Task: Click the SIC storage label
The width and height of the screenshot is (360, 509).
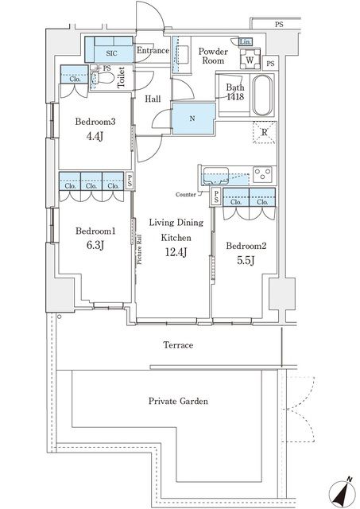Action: [111, 53]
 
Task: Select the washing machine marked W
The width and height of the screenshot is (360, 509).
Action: [250, 59]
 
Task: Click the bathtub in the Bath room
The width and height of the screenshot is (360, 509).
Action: [262, 95]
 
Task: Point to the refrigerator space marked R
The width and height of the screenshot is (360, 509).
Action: [265, 132]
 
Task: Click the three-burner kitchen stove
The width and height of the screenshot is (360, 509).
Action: [263, 175]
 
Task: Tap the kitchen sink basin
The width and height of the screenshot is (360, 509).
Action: [215, 176]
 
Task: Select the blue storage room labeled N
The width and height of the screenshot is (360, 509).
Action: [193, 119]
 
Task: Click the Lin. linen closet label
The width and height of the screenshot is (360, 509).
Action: [245, 42]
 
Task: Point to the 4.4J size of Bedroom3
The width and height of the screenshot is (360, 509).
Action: [95, 136]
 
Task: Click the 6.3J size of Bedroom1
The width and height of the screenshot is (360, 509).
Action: [95, 245]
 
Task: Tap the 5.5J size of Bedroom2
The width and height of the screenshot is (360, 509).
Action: [246, 260]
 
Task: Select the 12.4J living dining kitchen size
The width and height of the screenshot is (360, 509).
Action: [176, 251]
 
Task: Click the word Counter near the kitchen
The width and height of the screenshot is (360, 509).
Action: [185, 195]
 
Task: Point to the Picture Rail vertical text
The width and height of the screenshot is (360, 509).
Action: [140, 249]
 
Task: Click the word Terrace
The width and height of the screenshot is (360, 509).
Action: [178, 345]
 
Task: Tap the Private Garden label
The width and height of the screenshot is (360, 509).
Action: [178, 401]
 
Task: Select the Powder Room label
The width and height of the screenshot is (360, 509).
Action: [213, 56]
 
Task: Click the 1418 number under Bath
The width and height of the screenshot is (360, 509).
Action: [235, 97]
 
